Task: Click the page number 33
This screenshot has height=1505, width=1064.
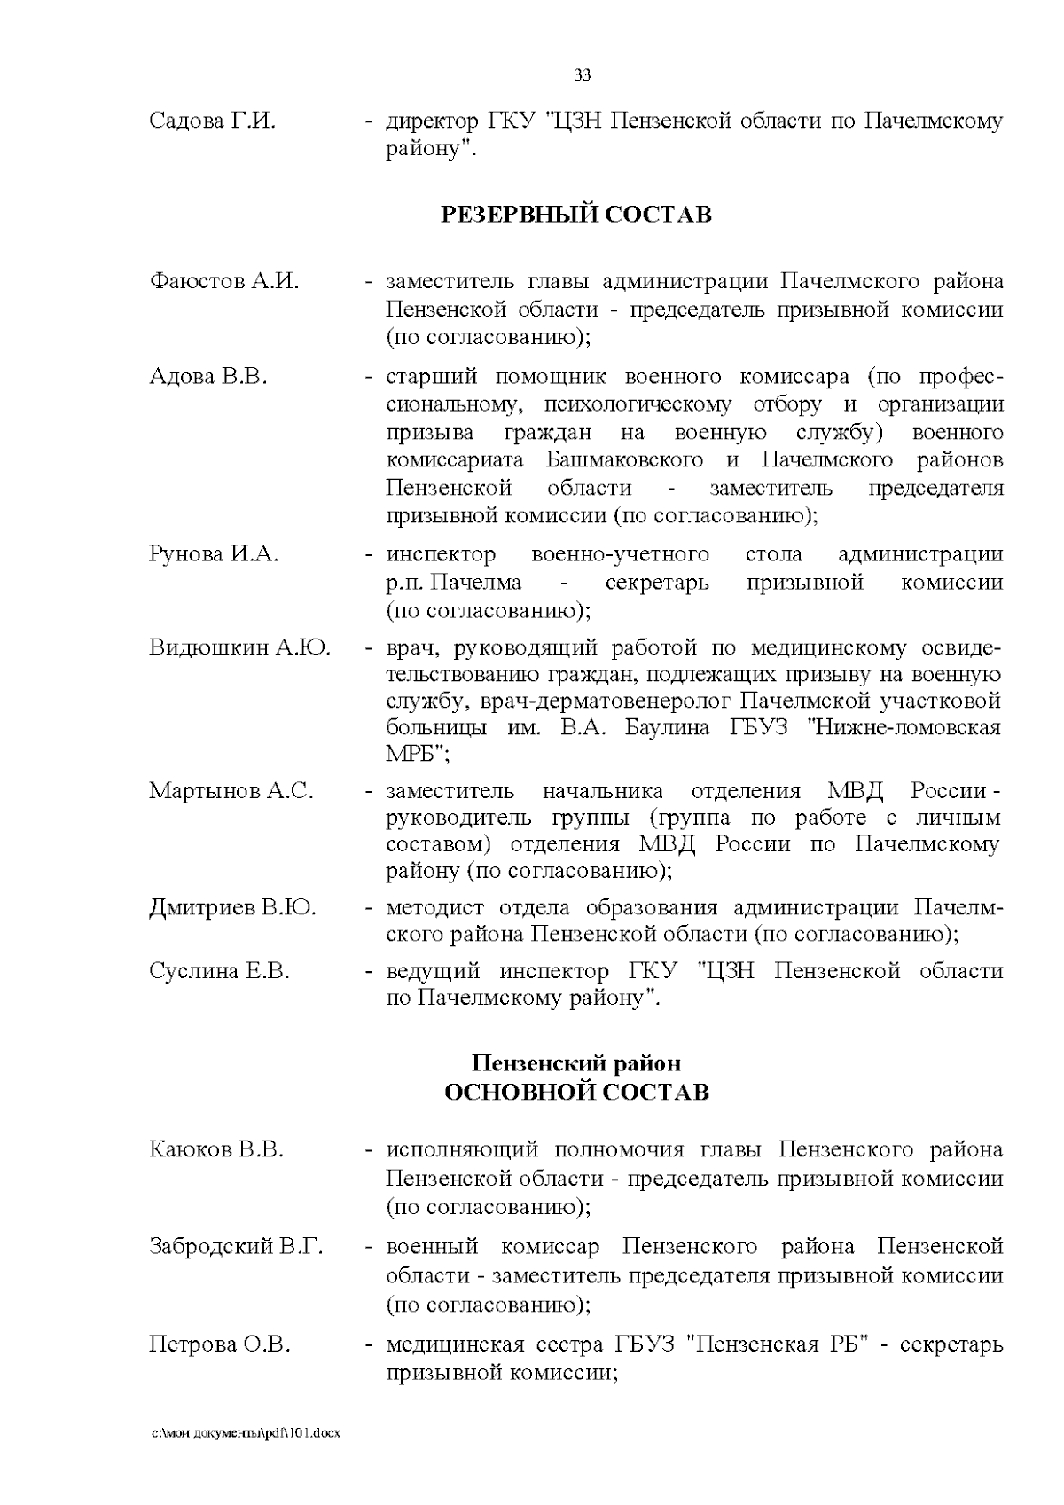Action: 583,75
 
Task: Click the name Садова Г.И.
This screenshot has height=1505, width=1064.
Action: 213,121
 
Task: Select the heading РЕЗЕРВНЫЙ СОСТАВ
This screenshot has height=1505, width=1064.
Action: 576,215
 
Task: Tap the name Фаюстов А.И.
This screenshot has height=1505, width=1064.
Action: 224,282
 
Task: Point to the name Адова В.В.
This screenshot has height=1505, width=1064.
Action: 208,376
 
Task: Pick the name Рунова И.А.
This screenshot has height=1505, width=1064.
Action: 214,555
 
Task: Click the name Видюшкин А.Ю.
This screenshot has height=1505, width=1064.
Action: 239,647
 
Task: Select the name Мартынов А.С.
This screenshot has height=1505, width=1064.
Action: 231,790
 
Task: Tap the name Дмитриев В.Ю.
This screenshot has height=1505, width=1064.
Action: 232,908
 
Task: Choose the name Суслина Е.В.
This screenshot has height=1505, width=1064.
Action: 220,971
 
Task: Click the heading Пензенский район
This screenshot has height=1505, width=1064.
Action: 576,1062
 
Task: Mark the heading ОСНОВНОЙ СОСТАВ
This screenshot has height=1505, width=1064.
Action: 576,1091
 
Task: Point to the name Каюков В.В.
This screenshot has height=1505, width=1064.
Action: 216,1150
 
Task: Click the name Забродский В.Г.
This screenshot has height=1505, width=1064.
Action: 236,1247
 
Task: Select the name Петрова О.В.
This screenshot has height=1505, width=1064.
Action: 220,1344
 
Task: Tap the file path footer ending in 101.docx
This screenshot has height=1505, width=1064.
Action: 245,1433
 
